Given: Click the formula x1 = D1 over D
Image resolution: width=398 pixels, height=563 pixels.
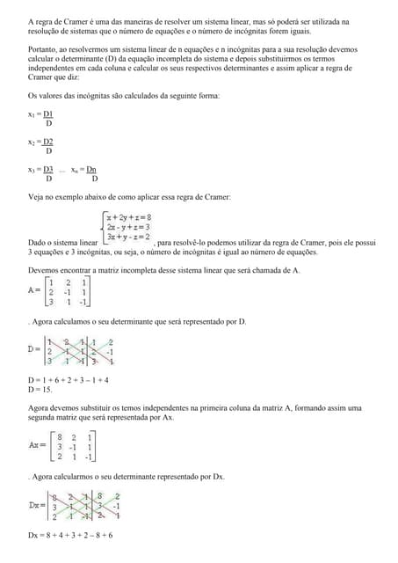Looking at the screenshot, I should click(40, 118).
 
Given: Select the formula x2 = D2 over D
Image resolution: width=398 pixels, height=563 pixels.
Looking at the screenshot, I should click(40, 145).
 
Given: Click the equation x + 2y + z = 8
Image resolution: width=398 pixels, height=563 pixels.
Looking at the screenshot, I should click(128, 216).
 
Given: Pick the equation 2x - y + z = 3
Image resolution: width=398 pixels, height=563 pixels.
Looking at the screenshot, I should click(128, 226).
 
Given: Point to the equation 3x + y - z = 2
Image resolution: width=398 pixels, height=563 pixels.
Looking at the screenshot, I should click(128, 237).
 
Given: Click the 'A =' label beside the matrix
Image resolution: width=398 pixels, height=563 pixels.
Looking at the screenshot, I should click(34, 289).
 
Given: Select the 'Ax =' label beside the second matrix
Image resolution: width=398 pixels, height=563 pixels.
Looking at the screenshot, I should click(37, 445).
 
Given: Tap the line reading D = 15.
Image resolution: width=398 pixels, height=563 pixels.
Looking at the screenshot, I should click(40, 389).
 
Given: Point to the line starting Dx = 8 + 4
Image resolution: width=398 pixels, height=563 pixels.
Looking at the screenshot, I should click(70, 535).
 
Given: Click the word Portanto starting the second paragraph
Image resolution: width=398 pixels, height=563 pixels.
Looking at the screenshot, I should click(44, 51).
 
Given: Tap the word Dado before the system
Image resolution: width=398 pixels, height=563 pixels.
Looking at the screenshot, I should click(38, 242).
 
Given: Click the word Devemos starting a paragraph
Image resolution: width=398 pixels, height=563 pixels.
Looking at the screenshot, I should click(44, 270).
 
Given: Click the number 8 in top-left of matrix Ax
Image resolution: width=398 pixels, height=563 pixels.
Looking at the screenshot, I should click(58, 435).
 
